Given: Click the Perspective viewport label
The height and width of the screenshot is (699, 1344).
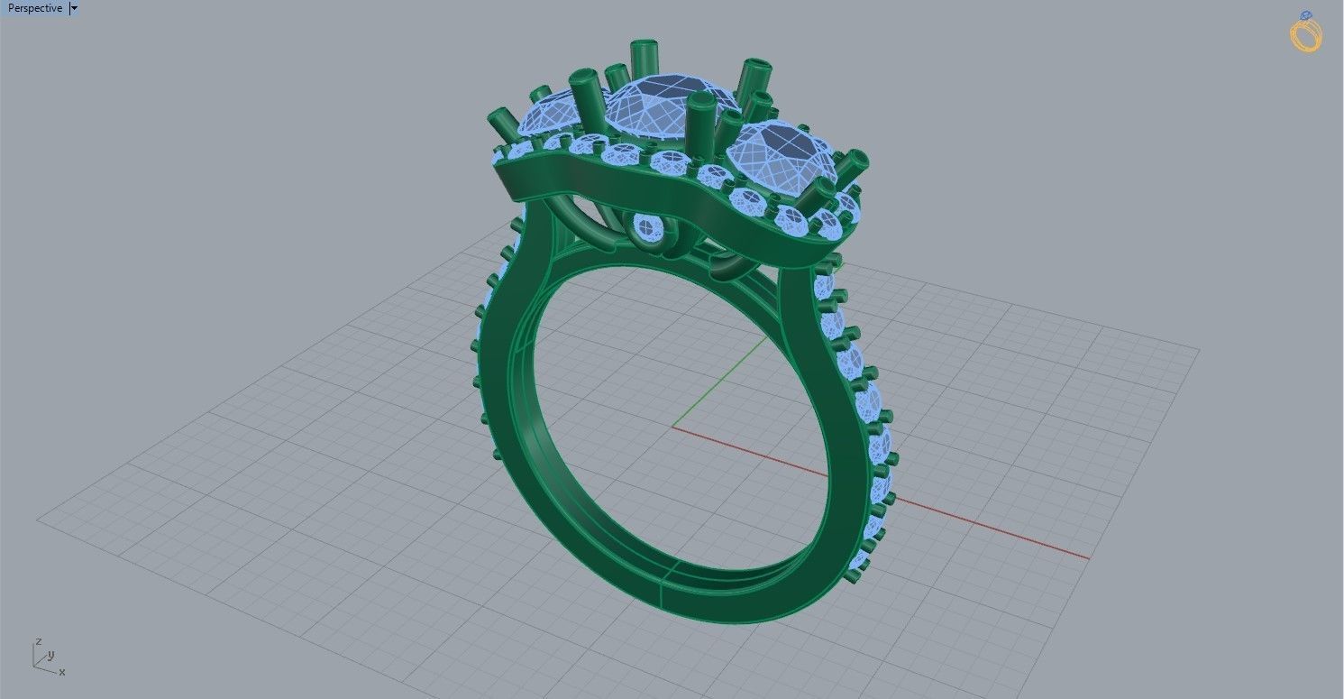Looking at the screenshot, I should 34,8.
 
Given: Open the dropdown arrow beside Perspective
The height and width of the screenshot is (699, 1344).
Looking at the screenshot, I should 74,8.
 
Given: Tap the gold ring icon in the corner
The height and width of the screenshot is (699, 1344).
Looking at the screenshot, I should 1305,32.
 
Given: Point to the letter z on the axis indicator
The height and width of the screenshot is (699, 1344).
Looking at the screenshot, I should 38,641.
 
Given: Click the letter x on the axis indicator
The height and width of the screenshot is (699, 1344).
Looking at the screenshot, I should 61,672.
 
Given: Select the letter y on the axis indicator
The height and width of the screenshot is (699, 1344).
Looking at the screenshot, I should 51,655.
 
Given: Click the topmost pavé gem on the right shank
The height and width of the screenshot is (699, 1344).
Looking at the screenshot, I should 823,286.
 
